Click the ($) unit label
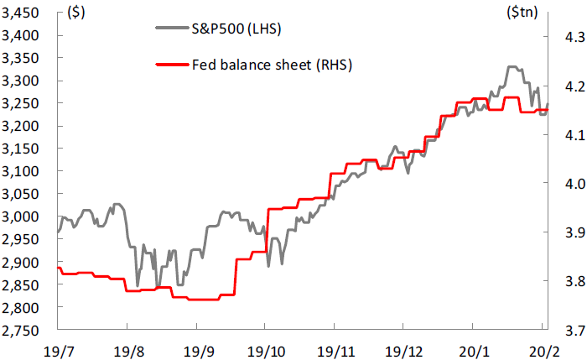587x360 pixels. (76, 13)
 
